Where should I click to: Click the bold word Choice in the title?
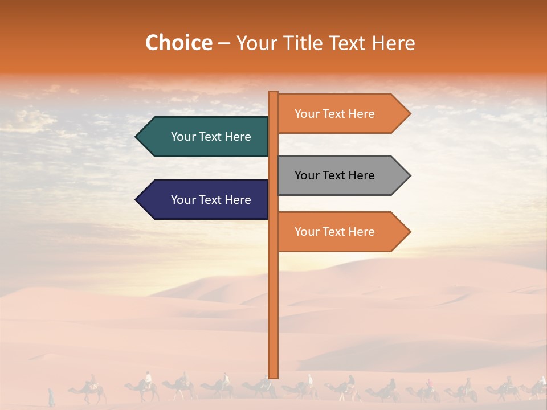point(178,43)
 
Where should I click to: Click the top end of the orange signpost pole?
point(273,93)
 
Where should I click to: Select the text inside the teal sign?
point(211,137)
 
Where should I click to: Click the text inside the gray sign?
point(334,175)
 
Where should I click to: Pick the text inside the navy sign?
point(211,200)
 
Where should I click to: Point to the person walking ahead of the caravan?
point(51,396)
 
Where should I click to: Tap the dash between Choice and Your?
point(224,44)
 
